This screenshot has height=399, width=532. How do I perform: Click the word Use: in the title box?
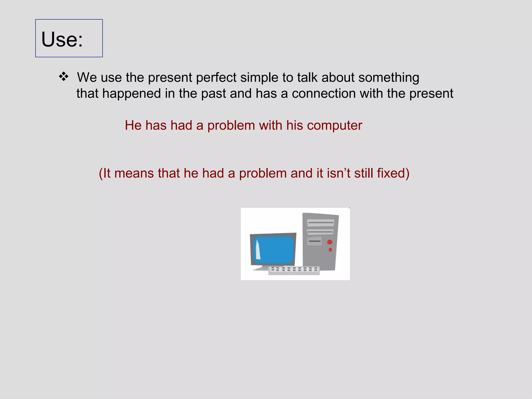pos(62,39)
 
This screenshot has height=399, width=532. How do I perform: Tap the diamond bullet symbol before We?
pos(64,77)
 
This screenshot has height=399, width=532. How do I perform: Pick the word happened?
pos(131,94)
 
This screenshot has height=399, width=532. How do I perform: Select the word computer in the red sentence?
pos(335,126)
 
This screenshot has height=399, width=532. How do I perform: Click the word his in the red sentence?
pos(295,125)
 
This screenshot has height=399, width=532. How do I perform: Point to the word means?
pos(134,173)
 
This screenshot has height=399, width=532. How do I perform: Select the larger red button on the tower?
pos(330,242)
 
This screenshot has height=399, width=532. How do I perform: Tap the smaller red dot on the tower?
pos(330,250)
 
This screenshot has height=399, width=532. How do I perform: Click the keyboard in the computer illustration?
pos(294,270)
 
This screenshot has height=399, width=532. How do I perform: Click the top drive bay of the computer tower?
pos(321,223)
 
